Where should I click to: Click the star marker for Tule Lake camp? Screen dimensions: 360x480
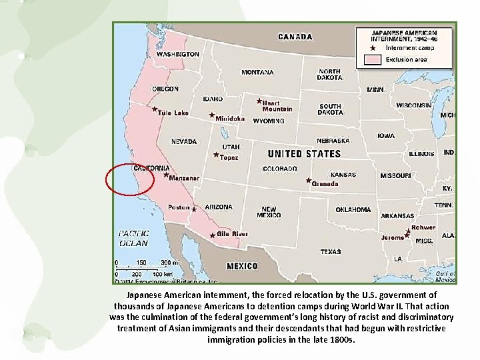click(x=155, y=109)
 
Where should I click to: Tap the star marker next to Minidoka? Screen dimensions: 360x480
click(x=212, y=115)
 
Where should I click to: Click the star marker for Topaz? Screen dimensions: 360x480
click(x=216, y=155)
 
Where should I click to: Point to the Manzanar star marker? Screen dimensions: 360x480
click(x=166, y=175)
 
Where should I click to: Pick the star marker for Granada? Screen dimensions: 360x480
click(x=308, y=180)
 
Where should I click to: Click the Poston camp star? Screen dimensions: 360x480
click(x=194, y=209)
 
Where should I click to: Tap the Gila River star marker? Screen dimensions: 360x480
click(x=213, y=235)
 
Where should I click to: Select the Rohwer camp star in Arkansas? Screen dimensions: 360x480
click(x=408, y=231)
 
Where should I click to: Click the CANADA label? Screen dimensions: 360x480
click(x=294, y=37)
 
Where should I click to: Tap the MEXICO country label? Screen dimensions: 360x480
click(x=242, y=266)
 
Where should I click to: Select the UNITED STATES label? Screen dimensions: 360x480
click(x=304, y=154)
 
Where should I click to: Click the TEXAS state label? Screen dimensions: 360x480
click(x=330, y=252)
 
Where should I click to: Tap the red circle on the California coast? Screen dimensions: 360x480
click(x=130, y=179)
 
